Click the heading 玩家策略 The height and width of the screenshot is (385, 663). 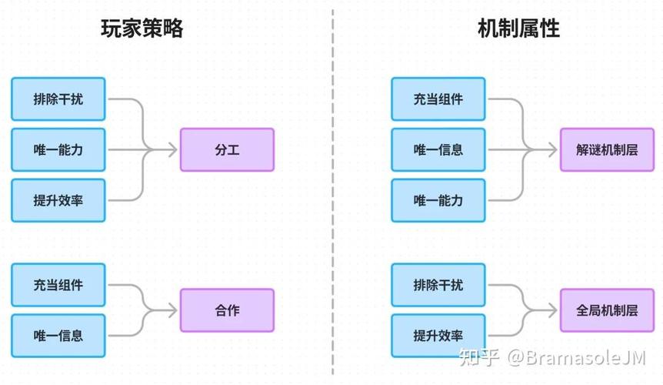click(x=142, y=28)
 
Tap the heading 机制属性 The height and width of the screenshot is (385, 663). click(x=518, y=28)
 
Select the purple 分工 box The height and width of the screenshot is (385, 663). click(x=227, y=149)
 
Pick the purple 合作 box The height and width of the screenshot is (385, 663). click(x=227, y=310)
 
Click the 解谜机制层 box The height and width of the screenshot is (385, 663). click(x=607, y=149)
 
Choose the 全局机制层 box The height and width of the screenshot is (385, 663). click(x=607, y=310)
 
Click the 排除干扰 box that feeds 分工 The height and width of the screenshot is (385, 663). click(x=58, y=99)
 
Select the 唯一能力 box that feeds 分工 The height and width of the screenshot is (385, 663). click(x=58, y=150)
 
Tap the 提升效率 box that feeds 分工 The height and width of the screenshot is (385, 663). click(x=58, y=200)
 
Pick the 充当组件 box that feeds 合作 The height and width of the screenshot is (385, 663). click(x=58, y=285)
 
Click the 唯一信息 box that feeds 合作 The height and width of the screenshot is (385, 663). click(x=58, y=336)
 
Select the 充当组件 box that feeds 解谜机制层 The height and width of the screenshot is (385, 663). click(x=438, y=99)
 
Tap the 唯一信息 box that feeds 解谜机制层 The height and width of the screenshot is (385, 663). click(x=438, y=150)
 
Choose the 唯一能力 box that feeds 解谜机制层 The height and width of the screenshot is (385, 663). click(x=438, y=200)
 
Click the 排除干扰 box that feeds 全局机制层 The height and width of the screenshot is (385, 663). click(x=438, y=285)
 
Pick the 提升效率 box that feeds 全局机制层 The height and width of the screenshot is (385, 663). click(x=438, y=336)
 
